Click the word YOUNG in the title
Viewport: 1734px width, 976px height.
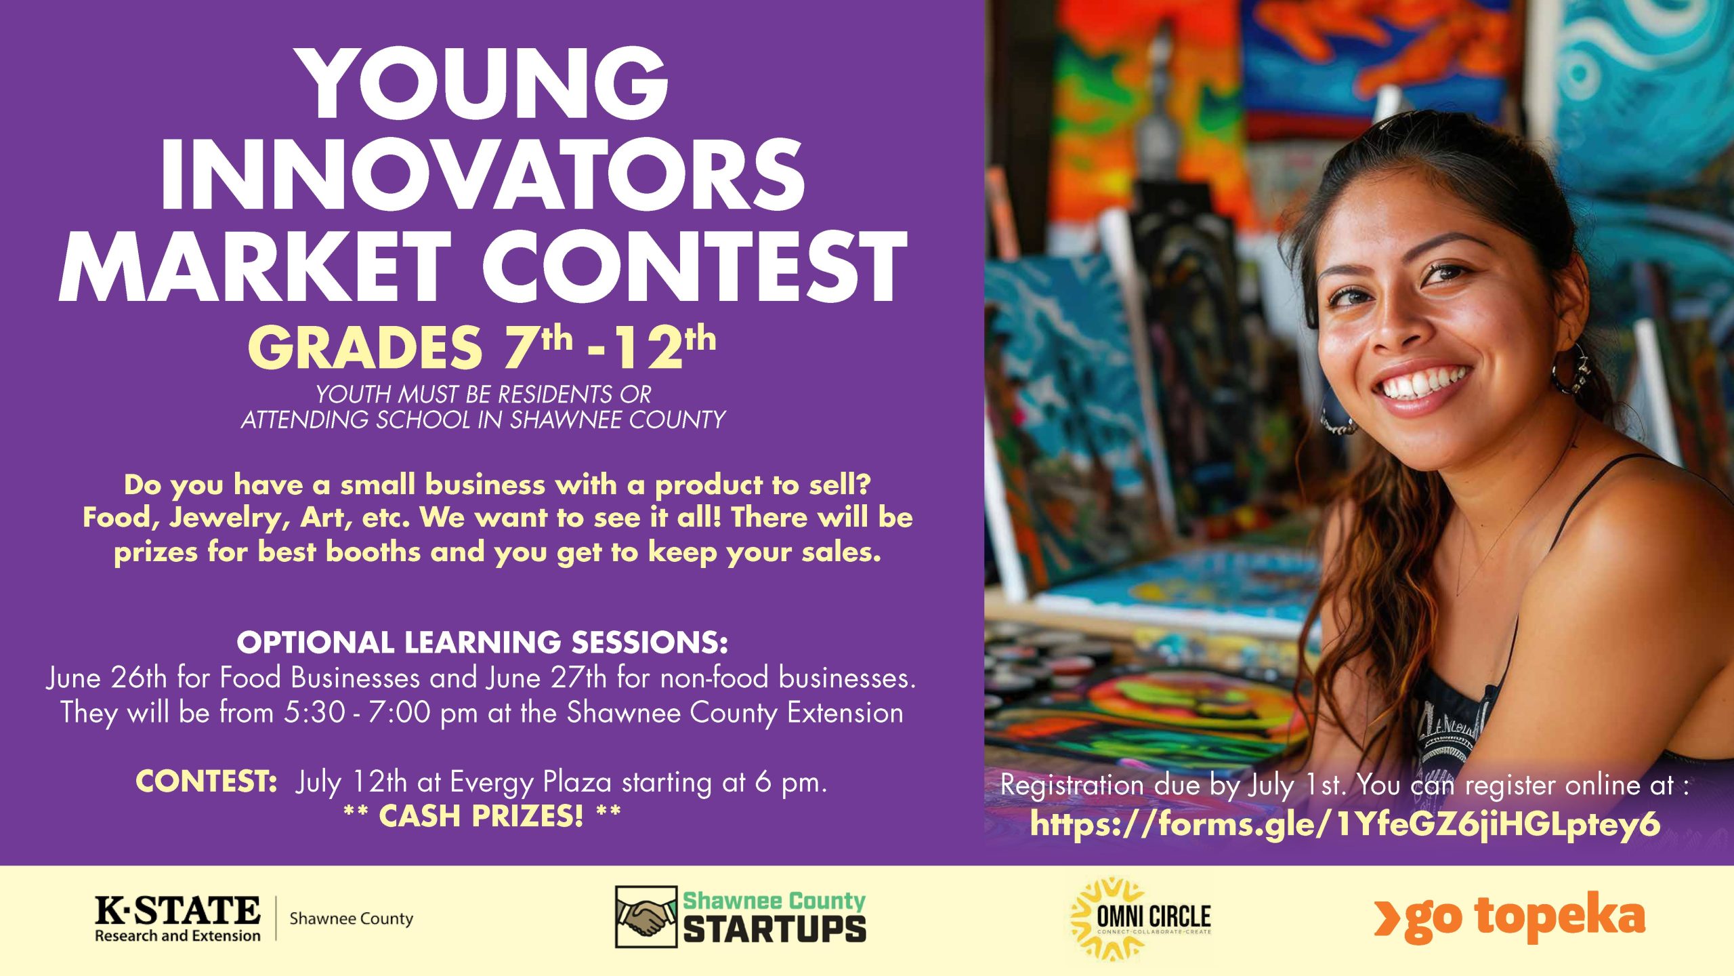coord(485,84)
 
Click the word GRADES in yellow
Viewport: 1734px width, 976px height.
coord(364,347)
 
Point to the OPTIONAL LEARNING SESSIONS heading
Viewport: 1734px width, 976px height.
coord(482,643)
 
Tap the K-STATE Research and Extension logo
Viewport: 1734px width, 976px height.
coord(254,918)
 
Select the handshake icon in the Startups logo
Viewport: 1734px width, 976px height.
coord(646,917)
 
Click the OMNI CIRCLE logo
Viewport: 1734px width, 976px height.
coord(1141,919)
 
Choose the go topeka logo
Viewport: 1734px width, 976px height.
coord(1509,917)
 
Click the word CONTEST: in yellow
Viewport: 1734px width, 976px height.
coord(206,781)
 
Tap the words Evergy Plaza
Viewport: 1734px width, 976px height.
coord(531,783)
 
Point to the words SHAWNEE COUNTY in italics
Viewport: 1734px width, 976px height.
coord(618,420)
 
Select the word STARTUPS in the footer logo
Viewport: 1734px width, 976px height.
coord(774,929)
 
